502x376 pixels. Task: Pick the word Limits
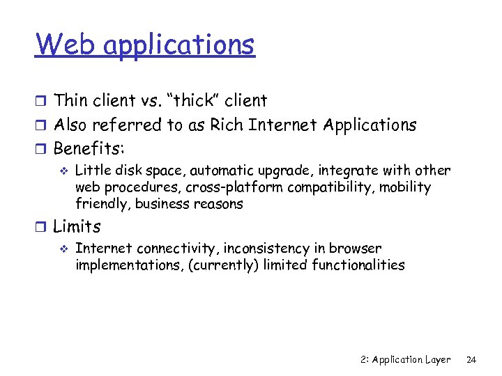click(77, 226)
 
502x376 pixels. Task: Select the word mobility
click(406, 187)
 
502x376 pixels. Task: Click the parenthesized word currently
click(225, 265)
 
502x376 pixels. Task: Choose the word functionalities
click(358, 265)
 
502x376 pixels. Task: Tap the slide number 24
click(471, 360)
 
